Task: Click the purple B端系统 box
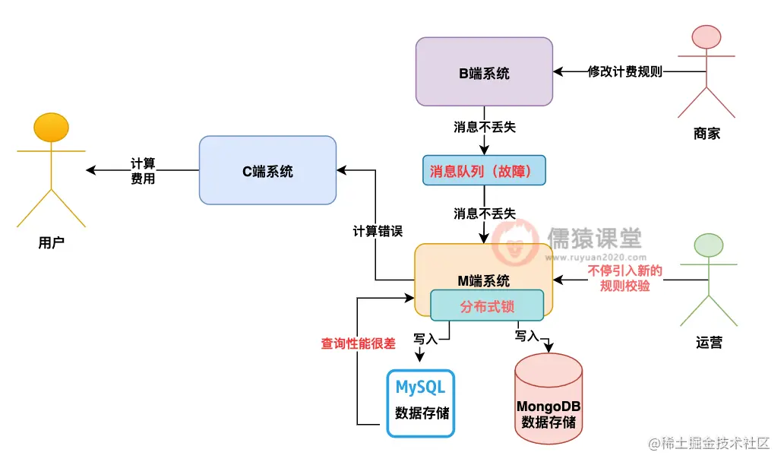[x=484, y=73]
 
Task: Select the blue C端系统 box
[x=267, y=171]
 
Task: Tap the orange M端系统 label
[x=483, y=280]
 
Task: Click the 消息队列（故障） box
[x=483, y=171]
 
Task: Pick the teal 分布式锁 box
[x=487, y=306]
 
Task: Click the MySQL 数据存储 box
[x=420, y=403]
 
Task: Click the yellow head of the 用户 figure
[x=52, y=127]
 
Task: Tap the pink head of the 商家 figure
[x=707, y=37]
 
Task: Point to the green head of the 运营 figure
[x=708, y=245]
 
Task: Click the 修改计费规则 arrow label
[x=624, y=72]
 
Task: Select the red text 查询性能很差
[x=358, y=343]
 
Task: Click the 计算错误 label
[x=377, y=231]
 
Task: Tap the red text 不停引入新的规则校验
[x=624, y=279]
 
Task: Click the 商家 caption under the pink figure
[x=707, y=134]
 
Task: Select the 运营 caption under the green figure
[x=708, y=343]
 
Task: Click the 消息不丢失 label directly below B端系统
[x=484, y=127]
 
